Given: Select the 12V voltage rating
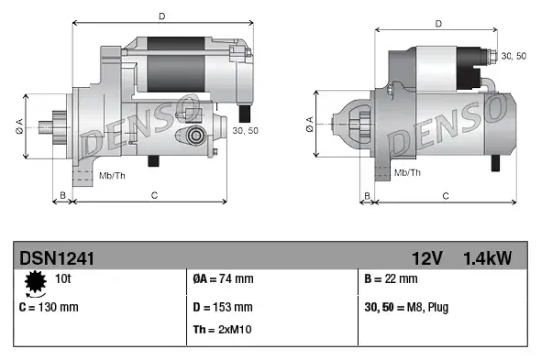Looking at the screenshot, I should [428, 259].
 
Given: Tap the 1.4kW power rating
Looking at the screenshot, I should [488, 259].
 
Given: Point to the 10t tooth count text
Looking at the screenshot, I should [62, 280].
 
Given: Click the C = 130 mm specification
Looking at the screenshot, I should [49, 307].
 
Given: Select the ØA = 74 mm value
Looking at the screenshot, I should [224, 281].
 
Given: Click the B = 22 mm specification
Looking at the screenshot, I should [391, 281].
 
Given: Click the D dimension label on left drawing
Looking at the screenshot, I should [163, 15].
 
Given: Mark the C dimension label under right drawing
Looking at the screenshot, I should [445, 196].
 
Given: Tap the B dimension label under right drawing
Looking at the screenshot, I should [368, 196].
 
